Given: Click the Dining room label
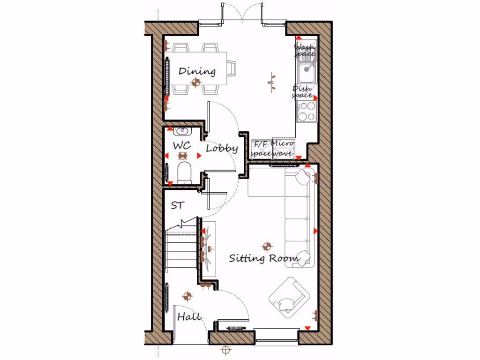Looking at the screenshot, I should pyautogui.click(x=197, y=71).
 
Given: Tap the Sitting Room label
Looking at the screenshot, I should pyautogui.click(x=264, y=258).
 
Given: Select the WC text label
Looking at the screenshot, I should pyautogui.click(x=182, y=145).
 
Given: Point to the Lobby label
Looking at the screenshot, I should pyautogui.click(x=222, y=149).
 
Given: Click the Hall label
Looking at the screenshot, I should pyautogui.click(x=189, y=317).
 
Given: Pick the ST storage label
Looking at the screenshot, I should pyautogui.click(x=177, y=205).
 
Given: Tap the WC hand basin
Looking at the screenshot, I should pyautogui.click(x=182, y=131).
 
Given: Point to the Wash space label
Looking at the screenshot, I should pyautogui.click(x=305, y=51).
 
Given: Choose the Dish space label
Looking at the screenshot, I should pyautogui.click(x=302, y=92).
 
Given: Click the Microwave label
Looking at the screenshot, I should pyautogui.click(x=283, y=148).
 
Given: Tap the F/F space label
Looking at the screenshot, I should pyautogui.click(x=261, y=148).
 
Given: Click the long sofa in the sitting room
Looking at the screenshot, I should pyautogui.click(x=299, y=218).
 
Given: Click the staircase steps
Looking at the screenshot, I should pyautogui.click(x=180, y=251).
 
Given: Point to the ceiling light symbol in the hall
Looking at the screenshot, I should pyautogui.click(x=187, y=296).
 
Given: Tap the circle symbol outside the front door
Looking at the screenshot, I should pyautogui.click(x=226, y=350).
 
